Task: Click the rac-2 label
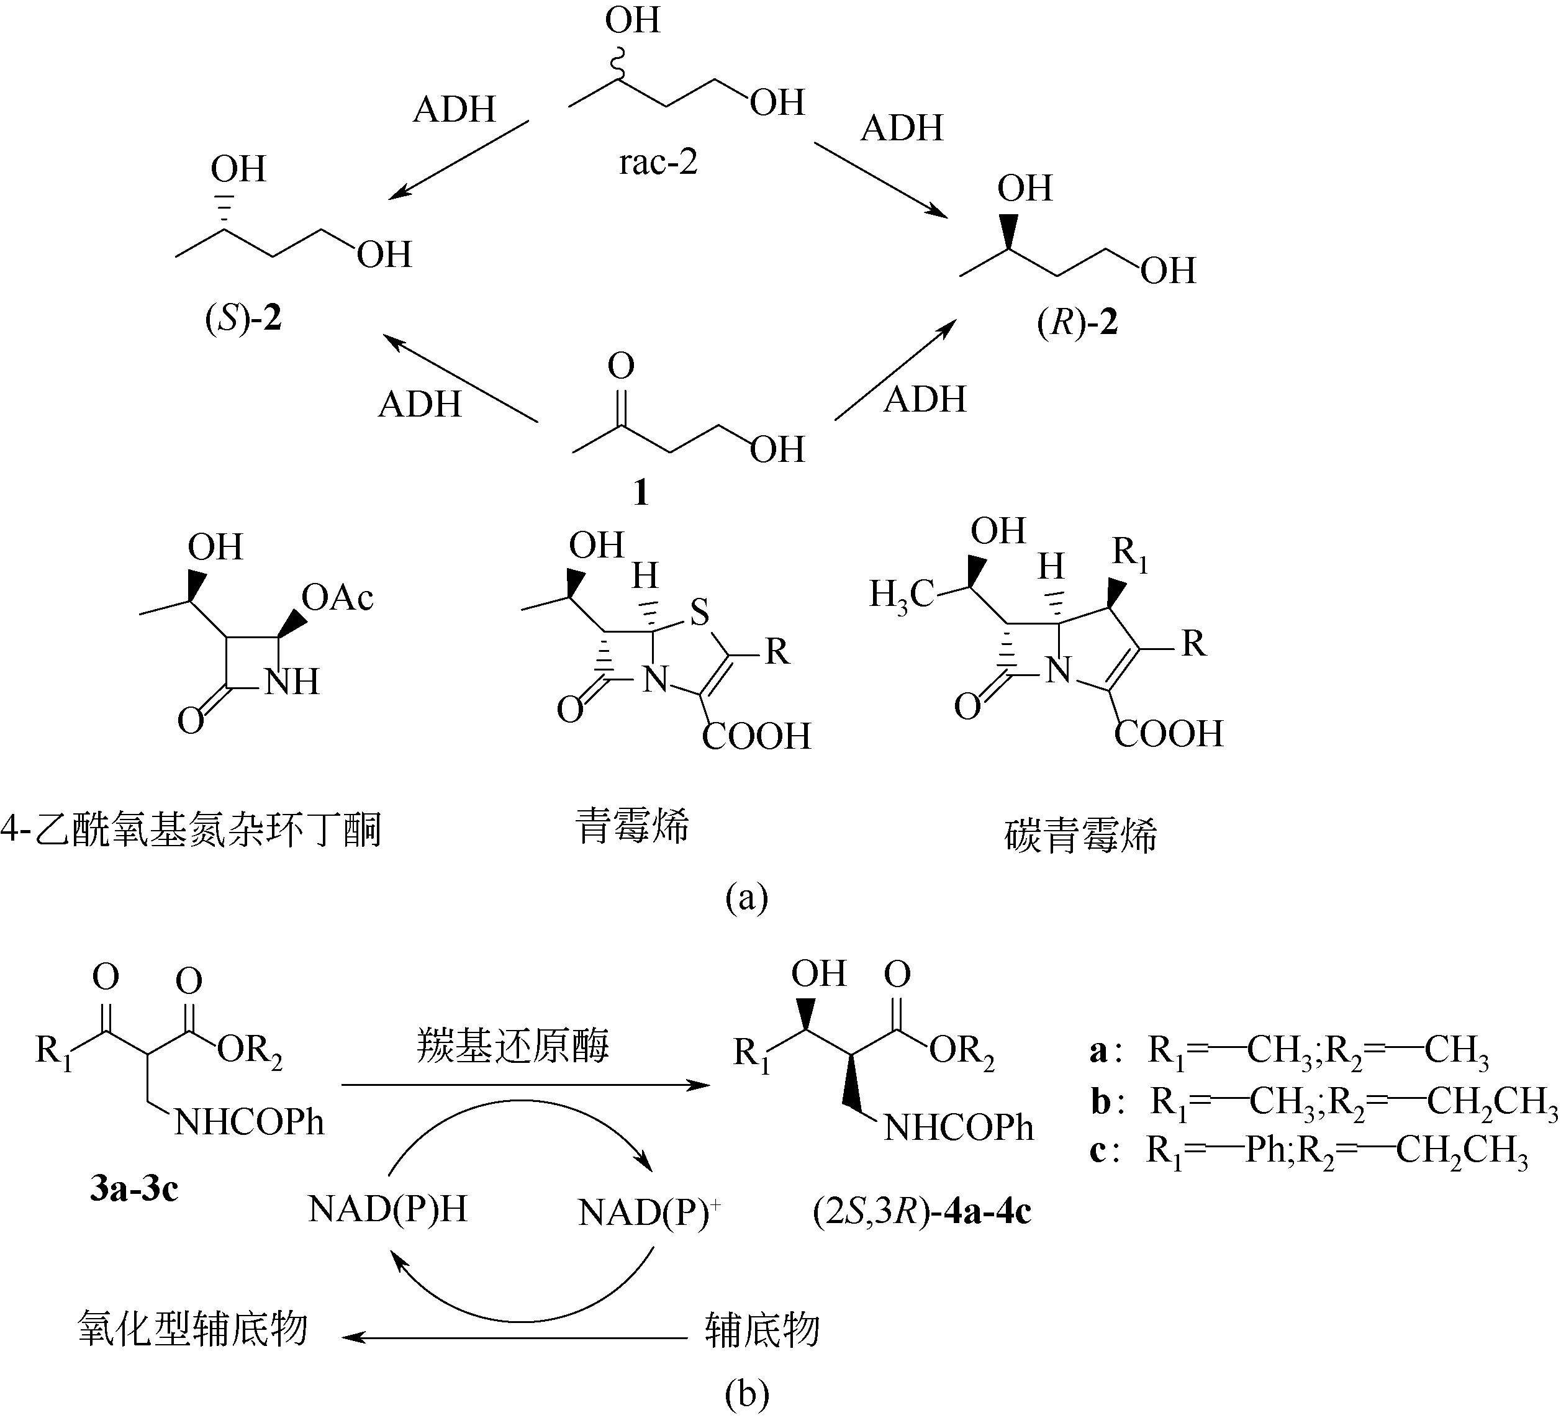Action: [658, 163]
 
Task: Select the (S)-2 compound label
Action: [243, 318]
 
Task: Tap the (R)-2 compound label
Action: [1077, 322]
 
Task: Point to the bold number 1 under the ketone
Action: [640, 492]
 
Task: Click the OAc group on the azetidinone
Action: [338, 597]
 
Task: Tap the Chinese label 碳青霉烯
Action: [1080, 836]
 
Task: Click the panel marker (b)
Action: [746, 1393]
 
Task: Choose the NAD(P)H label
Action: [387, 1209]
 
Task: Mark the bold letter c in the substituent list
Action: [1097, 1151]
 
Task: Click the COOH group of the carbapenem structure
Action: [1169, 734]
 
